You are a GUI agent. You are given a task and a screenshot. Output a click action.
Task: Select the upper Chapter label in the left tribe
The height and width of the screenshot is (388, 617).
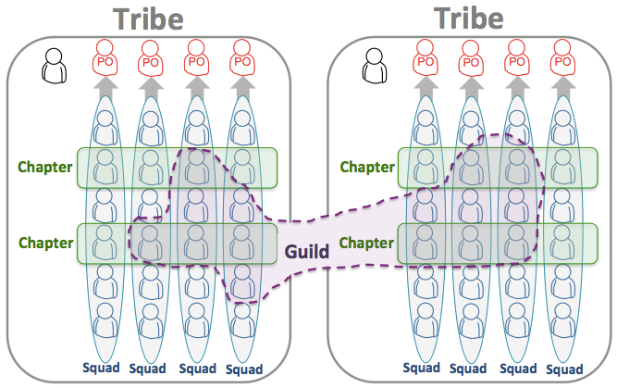point(45,168)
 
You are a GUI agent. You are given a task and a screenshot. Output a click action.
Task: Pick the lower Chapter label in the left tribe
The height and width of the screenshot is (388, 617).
point(45,243)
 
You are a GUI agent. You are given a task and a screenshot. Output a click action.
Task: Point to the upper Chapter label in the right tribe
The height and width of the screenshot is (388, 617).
point(367,168)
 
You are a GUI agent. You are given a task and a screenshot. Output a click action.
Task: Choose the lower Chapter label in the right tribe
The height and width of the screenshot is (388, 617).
point(367,243)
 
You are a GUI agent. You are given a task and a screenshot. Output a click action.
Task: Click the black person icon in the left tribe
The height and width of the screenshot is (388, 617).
point(55,65)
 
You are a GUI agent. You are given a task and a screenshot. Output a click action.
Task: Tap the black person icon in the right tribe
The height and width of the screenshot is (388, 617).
point(375,65)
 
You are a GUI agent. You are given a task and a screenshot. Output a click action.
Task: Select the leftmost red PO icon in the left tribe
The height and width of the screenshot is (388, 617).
point(105,61)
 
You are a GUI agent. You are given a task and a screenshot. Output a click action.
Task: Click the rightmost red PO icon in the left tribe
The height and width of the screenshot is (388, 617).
point(241,61)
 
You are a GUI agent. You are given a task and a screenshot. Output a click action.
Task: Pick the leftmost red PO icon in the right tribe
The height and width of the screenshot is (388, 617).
point(425,61)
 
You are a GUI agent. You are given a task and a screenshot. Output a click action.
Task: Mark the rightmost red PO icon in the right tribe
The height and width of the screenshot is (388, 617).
point(561,61)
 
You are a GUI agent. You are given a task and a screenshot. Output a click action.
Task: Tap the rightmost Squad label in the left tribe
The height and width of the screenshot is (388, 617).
point(243,369)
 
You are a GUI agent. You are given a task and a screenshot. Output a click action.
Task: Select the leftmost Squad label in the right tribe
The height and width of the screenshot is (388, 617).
point(422,368)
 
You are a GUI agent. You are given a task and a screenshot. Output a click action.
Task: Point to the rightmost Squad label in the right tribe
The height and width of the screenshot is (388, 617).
point(563,368)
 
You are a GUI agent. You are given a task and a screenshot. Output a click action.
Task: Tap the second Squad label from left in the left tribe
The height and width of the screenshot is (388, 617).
point(148,368)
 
